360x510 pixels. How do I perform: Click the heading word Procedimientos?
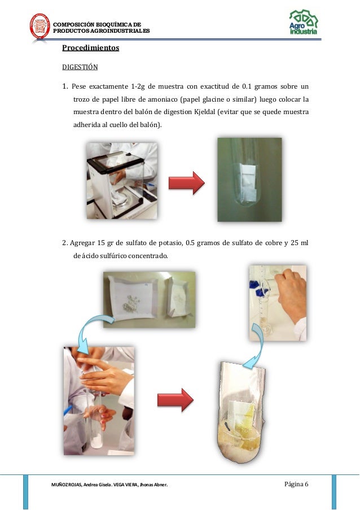tap(90, 49)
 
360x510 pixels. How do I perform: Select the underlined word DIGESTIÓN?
tap(80, 67)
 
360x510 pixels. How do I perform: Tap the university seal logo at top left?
tap(39, 26)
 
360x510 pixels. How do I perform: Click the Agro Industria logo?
tap(303, 23)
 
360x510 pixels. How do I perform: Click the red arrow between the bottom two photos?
tap(174, 399)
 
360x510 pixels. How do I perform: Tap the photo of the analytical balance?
tap(121, 180)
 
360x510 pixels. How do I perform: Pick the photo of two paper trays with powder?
tap(149, 299)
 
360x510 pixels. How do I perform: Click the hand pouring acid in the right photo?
tap(291, 288)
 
